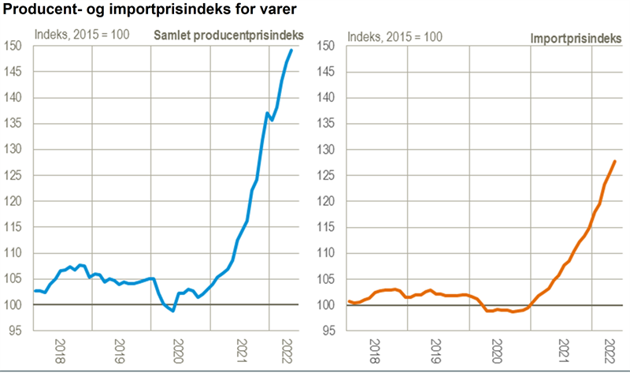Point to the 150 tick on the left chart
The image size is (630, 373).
pyautogui.click(x=14, y=46)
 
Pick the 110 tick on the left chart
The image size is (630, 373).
pyautogui.click(x=14, y=253)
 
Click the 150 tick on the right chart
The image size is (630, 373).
pyautogui.click(x=328, y=46)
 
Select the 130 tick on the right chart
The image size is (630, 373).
pyautogui.click(x=328, y=150)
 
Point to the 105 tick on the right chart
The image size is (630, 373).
pyautogui.click(x=328, y=279)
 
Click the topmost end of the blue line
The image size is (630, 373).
pyautogui.click(x=291, y=50)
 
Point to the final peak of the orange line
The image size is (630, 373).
pyautogui.click(x=615, y=161)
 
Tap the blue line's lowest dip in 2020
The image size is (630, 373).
pyautogui.click(x=172, y=311)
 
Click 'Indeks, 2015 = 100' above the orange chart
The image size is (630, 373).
pyautogui.click(x=395, y=35)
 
